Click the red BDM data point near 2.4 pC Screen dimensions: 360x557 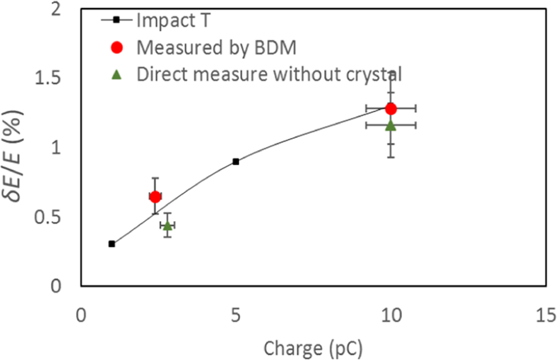point(155,197)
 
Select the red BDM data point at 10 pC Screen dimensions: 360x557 point(391,108)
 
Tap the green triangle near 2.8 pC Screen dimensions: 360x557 point(167,225)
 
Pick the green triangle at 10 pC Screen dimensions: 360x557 point(391,125)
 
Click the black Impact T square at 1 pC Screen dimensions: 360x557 point(111,244)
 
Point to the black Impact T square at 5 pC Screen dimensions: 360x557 point(236,161)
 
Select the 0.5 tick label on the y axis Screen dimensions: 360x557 point(54,217)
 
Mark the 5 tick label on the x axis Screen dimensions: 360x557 point(236,316)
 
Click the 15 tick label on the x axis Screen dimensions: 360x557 point(545,316)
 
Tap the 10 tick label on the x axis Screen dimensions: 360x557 point(391,316)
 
